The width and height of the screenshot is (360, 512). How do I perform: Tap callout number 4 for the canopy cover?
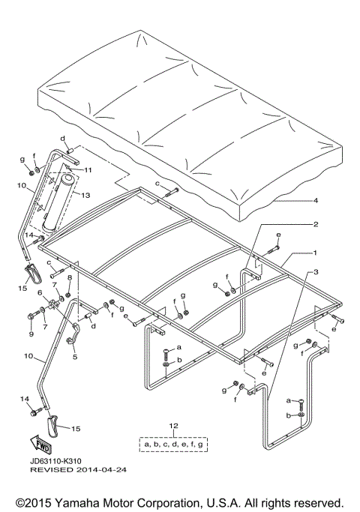(316, 200)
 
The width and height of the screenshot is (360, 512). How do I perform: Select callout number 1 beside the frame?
(315, 253)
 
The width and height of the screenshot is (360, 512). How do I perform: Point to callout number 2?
(316, 224)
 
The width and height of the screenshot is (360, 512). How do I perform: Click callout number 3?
(316, 271)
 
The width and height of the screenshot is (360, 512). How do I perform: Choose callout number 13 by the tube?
(85, 195)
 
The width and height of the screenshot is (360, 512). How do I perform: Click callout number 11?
(88, 170)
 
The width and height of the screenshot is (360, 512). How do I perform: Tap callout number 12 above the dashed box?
(174, 426)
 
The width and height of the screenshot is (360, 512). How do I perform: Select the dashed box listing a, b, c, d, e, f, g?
(173, 444)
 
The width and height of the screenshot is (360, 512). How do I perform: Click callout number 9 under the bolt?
(31, 334)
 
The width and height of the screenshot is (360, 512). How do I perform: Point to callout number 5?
(75, 357)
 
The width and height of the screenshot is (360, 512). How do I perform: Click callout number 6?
(40, 293)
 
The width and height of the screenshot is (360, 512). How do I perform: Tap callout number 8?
(70, 278)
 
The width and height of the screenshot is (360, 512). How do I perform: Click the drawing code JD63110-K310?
(55, 461)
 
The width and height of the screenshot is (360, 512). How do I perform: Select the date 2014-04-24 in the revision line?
(101, 470)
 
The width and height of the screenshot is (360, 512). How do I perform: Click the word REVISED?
(52, 470)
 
